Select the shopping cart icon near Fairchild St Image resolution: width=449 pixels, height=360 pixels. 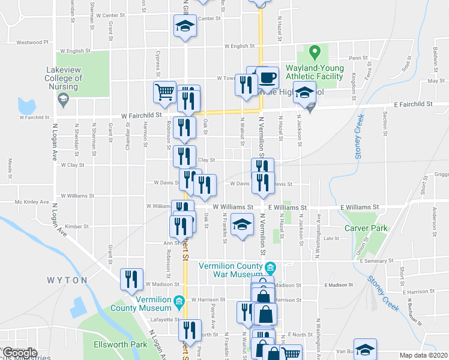coord(164,92)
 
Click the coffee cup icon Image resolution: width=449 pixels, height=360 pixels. coord(268,77)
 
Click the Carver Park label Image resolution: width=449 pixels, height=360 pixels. coord(366,228)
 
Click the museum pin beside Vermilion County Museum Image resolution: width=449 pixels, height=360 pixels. coord(178,301)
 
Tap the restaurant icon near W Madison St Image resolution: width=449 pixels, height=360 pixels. coord(131,279)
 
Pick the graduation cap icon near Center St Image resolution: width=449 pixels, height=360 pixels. coord(185,26)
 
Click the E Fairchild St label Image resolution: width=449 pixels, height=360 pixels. coord(414,104)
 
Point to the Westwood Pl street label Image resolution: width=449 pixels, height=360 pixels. coord(32,43)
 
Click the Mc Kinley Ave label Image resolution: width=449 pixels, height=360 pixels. coord(31,202)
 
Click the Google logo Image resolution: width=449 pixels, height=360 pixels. coord(19,353)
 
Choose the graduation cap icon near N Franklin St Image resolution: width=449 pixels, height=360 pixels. coord(242,224)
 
